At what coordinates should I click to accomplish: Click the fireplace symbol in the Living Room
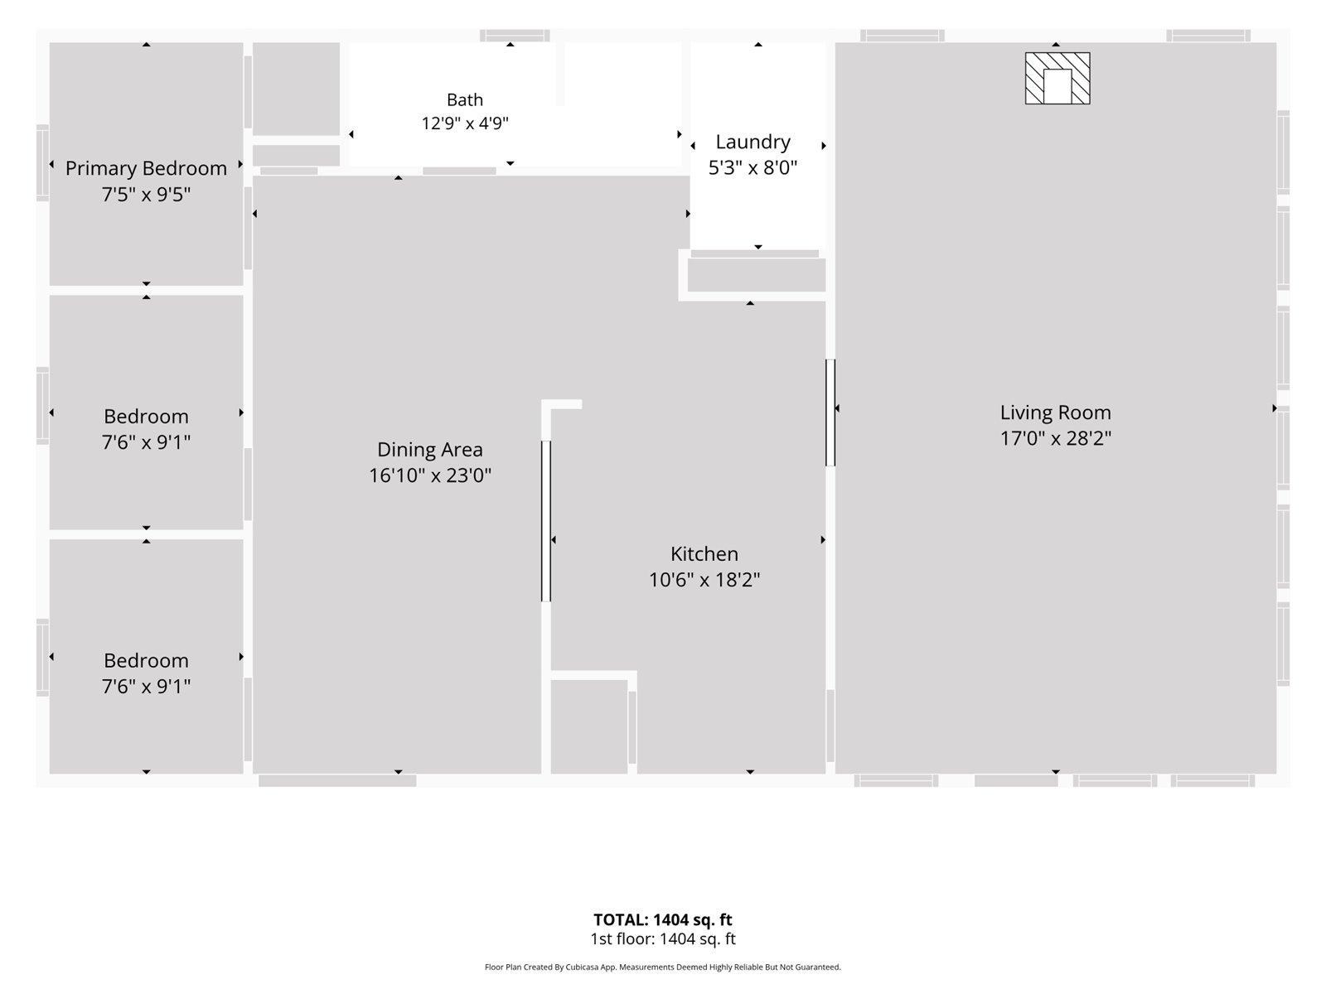pos(1057,79)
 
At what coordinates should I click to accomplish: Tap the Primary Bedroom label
pos(146,168)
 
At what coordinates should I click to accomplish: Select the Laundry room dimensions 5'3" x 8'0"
pos(753,167)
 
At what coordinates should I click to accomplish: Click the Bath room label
pos(465,99)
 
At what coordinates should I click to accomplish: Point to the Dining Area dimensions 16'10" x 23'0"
pos(430,475)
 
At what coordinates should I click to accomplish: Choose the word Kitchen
pos(704,553)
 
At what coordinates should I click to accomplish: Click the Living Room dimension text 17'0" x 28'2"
pos(1055,438)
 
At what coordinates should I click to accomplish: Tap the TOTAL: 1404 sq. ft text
pos(663,919)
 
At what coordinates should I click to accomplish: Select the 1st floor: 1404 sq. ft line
pos(663,939)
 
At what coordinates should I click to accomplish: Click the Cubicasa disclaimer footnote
pos(663,967)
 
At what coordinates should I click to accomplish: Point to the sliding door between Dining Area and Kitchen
pos(546,521)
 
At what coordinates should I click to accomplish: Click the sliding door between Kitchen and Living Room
pos(830,413)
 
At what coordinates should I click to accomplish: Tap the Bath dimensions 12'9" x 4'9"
pos(465,123)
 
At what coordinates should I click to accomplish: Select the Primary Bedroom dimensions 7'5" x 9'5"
pos(146,195)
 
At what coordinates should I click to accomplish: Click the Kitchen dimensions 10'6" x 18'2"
pos(704,579)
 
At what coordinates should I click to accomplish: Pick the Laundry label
pos(753,142)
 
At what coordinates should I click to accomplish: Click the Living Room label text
pos(1055,413)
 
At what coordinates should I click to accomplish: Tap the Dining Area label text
pos(430,450)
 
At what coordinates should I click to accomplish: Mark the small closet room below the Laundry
pos(757,275)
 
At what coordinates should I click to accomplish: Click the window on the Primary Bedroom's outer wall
pos(42,163)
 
